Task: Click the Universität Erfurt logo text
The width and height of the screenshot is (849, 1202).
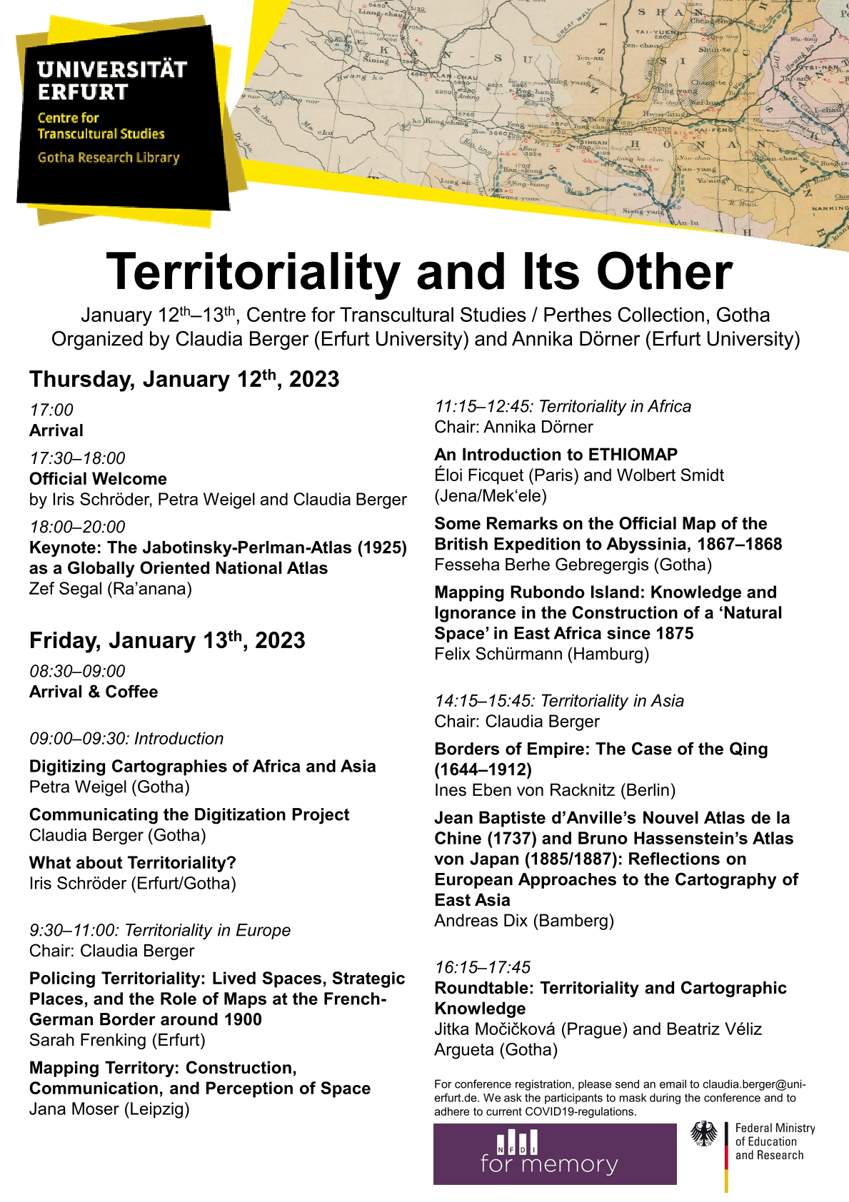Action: [111, 81]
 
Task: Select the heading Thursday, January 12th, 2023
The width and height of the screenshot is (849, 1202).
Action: [184, 379]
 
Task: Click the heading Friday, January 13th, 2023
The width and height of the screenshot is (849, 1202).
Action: [167, 640]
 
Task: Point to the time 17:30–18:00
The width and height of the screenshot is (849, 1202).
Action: [77, 458]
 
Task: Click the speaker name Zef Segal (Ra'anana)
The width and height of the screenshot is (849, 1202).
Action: [111, 589]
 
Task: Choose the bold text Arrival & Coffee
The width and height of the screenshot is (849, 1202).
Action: [94, 692]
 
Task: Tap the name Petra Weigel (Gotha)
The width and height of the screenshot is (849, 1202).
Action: [109, 787]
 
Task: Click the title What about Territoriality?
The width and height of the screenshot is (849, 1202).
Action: [133, 862]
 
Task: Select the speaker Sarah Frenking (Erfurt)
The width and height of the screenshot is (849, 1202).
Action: [117, 1040]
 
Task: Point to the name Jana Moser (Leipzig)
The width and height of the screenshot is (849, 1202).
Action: [109, 1108]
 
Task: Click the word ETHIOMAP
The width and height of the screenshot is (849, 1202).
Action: [633, 455]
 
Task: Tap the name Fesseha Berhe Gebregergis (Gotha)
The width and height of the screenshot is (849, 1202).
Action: [573, 565]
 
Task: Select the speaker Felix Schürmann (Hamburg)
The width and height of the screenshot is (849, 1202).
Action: [541, 654]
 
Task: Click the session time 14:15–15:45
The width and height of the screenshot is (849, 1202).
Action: [483, 701]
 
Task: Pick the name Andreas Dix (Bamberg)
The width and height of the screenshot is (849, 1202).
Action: [523, 921]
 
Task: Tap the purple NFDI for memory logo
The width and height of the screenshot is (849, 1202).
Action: [555, 1154]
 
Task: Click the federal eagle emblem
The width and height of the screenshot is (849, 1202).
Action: [704, 1134]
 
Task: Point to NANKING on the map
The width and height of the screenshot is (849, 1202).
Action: [830, 208]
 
